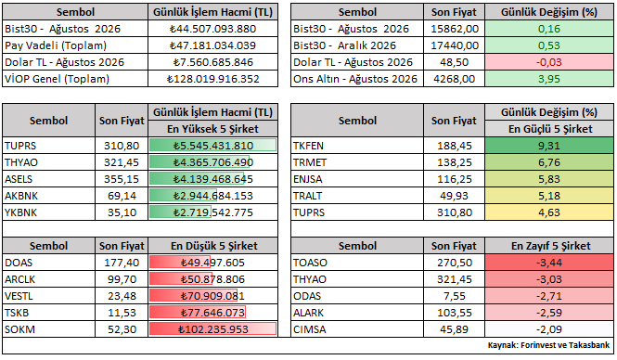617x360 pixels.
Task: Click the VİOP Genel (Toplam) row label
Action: coord(57,79)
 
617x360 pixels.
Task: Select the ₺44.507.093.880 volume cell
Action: coord(212,29)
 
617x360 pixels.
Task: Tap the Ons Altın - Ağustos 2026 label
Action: coord(355,79)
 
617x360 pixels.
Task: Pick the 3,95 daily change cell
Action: coord(549,79)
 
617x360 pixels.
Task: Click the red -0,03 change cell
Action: coord(549,62)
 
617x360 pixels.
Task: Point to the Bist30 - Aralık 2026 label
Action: coord(344,45)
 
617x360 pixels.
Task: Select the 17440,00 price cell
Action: coord(455,45)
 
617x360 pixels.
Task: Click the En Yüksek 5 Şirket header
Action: coord(212,129)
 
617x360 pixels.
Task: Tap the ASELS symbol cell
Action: coord(48,179)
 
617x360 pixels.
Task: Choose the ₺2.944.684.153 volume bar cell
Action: coord(212,196)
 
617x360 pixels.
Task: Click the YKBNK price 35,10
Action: coord(122,212)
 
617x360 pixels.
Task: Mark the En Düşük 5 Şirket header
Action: coord(212,246)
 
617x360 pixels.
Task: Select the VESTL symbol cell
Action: coord(48,296)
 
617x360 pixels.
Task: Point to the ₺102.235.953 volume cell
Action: coord(212,329)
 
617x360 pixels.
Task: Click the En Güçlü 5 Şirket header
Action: coord(549,129)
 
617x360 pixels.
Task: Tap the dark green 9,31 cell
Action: coord(549,146)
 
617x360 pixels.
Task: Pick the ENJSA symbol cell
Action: coord(357,179)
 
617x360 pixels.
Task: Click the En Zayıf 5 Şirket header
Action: coord(549,246)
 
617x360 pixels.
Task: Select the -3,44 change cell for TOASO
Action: coord(549,263)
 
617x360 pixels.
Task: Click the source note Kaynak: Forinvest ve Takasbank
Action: coord(548,345)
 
